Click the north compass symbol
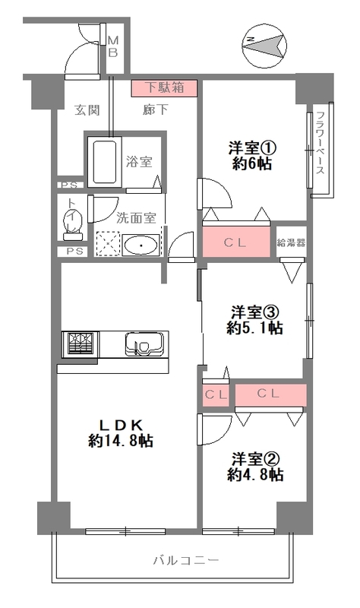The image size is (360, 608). click(265, 46)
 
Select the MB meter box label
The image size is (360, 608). click(112, 46)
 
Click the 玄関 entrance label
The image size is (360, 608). click(87, 110)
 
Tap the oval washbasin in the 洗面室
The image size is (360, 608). click(141, 245)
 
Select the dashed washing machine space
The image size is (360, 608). click(107, 244)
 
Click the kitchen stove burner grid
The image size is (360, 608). click(80, 344)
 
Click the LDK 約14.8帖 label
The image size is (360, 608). click(120, 432)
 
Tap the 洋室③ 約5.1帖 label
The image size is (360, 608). click(254, 320)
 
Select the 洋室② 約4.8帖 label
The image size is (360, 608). click(255, 467)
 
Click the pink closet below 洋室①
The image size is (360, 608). click(236, 241)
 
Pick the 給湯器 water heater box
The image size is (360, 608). click(291, 242)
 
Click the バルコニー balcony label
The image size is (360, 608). click(186, 560)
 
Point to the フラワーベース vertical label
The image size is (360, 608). click(320, 143)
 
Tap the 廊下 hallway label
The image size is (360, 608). click(156, 110)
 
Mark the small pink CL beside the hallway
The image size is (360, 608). click(216, 395)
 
